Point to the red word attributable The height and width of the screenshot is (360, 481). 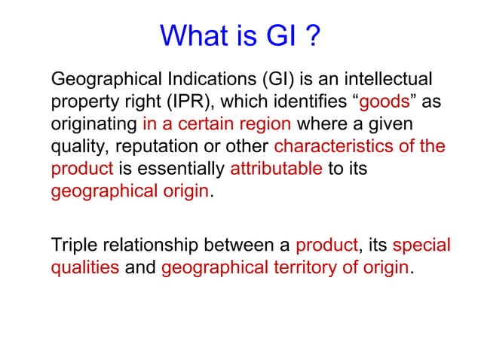(x=277, y=169)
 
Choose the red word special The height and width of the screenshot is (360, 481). (x=422, y=246)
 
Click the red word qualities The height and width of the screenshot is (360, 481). (x=84, y=268)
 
